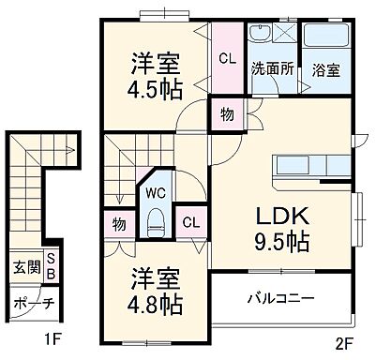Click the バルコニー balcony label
pyautogui.click(x=280, y=299)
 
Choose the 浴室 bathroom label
pyautogui.click(x=325, y=68)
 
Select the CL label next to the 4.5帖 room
pyautogui.click(x=226, y=58)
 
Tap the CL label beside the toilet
pyautogui.click(x=190, y=222)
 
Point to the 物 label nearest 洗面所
pyautogui.click(x=227, y=115)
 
